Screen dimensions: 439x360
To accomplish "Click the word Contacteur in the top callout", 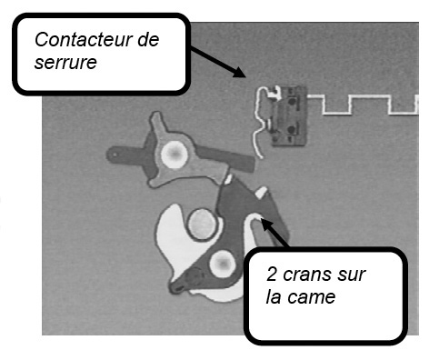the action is [x=84, y=40].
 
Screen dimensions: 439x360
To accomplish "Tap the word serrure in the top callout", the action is [x=65, y=63].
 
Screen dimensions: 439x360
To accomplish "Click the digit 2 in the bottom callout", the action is [x=272, y=275].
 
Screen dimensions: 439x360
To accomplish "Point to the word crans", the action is [x=304, y=275].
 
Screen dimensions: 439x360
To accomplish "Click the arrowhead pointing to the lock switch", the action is [x=240, y=73].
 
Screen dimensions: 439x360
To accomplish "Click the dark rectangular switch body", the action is [x=289, y=115].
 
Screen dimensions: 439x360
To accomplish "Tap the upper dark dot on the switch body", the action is [x=292, y=101].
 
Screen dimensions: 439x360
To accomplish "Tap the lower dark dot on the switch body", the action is [x=291, y=130].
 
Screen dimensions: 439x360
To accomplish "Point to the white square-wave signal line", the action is [x=363, y=105].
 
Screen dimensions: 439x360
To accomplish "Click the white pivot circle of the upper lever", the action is [x=174, y=155].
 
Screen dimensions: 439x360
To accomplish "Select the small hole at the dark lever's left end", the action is [x=115, y=155].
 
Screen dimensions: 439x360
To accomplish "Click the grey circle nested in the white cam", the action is [x=202, y=225].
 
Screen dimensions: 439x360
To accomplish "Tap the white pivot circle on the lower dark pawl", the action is [x=223, y=264].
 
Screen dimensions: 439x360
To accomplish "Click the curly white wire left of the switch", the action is [x=261, y=121].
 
